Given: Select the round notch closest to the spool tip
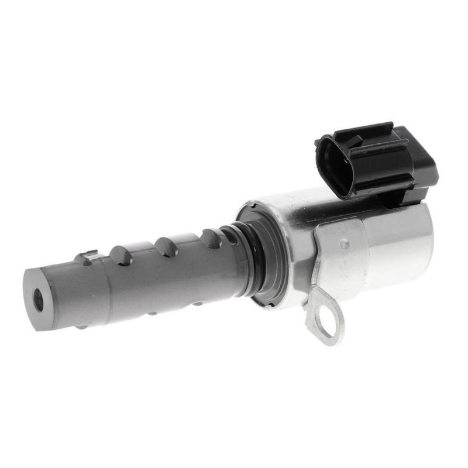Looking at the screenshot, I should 121,254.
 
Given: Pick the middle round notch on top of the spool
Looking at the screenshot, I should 167,246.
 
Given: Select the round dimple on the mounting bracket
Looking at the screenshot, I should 345,244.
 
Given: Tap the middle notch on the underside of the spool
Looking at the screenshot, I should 153,313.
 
